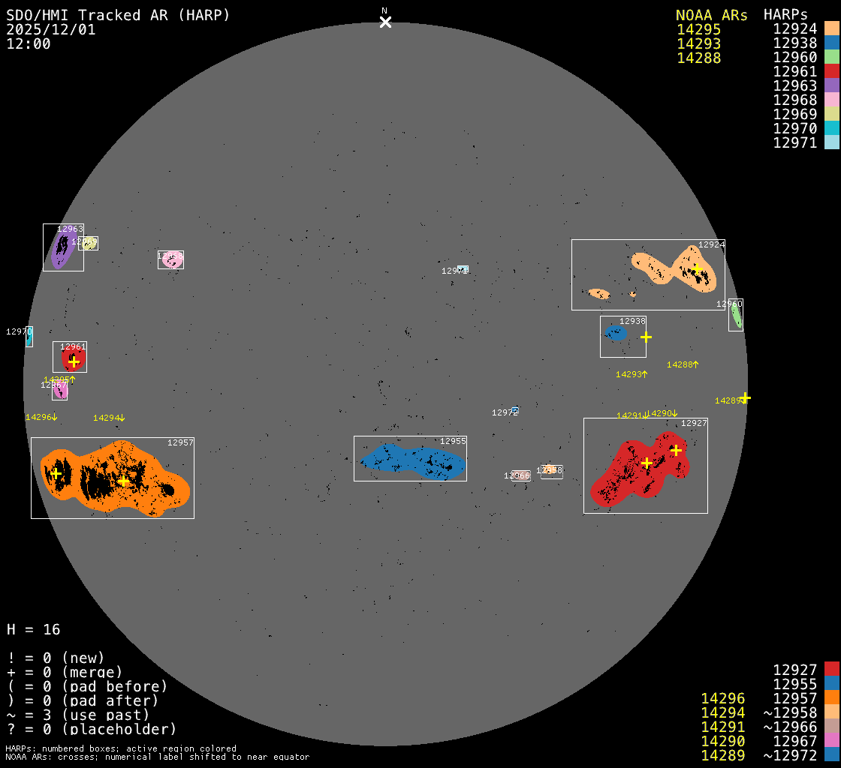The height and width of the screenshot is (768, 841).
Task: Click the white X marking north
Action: coord(385,22)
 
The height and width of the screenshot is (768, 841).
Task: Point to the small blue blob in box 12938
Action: coord(616,333)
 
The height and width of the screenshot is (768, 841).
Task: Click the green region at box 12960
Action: coord(737,316)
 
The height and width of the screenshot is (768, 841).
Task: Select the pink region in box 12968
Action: coord(171,259)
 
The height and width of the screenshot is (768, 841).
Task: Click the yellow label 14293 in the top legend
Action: coord(698,43)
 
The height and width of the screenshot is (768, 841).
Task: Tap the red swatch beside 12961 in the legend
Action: coord(831,71)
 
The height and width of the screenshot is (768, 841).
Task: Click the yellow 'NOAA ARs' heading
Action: coord(711,15)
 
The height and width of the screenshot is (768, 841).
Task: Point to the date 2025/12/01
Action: coord(51,29)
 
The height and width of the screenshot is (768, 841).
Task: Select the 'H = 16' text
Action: coord(34,629)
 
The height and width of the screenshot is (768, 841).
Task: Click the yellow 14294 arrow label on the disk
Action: coord(109,418)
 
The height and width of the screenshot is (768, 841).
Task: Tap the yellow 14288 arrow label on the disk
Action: coord(683,364)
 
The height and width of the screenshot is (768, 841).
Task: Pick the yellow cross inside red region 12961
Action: coord(74,361)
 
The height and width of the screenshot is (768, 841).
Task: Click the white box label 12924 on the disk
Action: coord(711,244)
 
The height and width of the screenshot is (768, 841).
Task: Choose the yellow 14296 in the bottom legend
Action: coord(722,698)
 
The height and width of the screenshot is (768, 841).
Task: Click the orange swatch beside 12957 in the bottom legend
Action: coord(831,698)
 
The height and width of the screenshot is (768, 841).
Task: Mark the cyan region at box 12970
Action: coord(29,337)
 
